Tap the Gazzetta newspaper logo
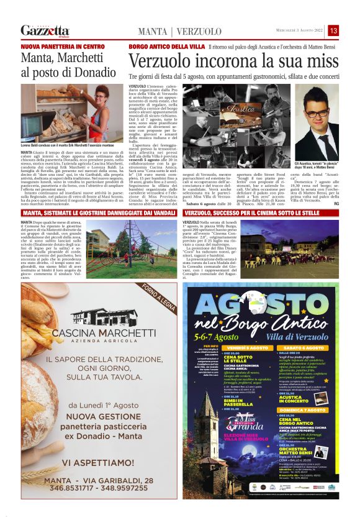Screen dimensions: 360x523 pyautogui.click(x=45, y=30)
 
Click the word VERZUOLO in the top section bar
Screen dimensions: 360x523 pyautogui.click(x=200, y=32)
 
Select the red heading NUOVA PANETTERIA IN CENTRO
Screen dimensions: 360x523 pyautogui.click(x=62, y=47)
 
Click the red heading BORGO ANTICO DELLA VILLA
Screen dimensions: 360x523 pyautogui.click(x=166, y=47)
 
